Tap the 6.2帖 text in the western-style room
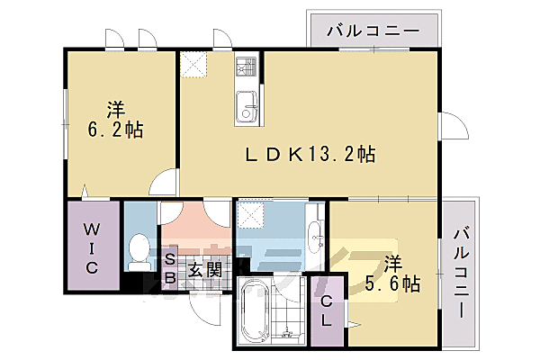[x=114, y=128]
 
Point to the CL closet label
[x=327, y=310]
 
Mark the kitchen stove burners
[x=247, y=67]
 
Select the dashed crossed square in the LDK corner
[x=193, y=66]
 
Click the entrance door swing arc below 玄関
[x=206, y=310]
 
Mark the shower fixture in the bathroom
[x=290, y=335]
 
